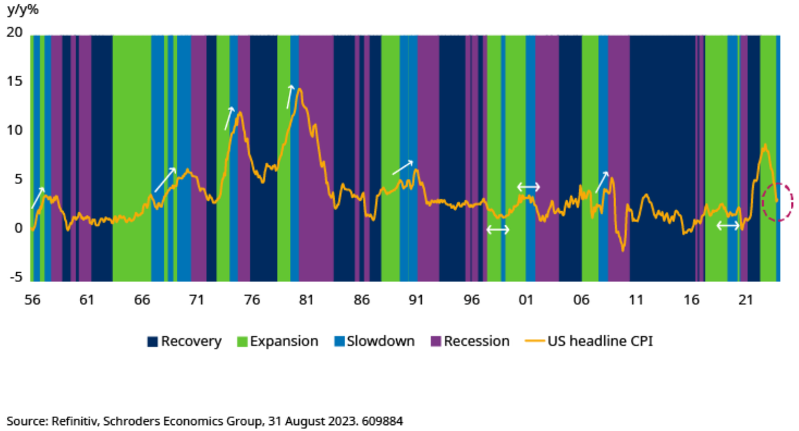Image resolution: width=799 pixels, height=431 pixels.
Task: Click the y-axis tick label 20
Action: coord(14,32)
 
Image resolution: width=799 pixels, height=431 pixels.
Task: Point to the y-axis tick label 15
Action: coord(14,81)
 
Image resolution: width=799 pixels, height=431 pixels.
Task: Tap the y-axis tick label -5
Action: coord(14,277)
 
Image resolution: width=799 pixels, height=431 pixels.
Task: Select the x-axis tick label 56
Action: coord(31,299)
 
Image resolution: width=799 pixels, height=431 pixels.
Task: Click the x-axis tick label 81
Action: coord(305,299)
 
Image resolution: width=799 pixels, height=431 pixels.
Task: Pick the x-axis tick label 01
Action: coord(525,299)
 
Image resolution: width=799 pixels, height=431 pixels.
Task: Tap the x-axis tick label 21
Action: coord(745,299)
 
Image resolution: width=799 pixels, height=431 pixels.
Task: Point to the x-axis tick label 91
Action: coord(416,299)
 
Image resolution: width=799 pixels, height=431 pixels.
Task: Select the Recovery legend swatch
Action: coord(152,342)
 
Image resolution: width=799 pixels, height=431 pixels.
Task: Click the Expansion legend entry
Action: coord(278,342)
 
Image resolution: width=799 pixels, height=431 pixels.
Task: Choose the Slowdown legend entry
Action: coord(374,342)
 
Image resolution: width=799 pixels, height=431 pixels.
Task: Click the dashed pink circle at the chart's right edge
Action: coord(777,202)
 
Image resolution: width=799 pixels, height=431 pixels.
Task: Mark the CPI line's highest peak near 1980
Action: coord(299,89)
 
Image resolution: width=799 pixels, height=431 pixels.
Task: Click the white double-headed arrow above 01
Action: coord(528,187)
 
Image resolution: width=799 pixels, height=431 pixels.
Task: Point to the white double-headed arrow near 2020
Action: coord(728,226)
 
